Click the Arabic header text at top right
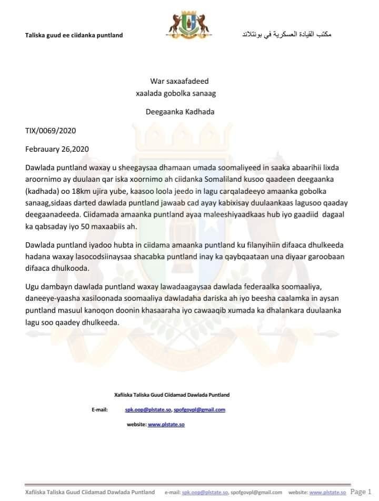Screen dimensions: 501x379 click(286, 34)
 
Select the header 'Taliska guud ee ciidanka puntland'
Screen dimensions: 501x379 click(74, 35)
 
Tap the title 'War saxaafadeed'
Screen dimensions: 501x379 click(179, 81)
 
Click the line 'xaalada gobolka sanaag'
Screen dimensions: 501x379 click(176, 93)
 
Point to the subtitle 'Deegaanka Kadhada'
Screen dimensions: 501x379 click(179, 112)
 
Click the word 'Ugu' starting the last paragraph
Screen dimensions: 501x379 click(32, 287)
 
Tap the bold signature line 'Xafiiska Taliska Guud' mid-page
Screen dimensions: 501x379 click(172, 395)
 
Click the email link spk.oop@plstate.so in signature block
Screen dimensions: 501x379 click(148, 409)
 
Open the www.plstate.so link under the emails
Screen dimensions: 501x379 click(166, 424)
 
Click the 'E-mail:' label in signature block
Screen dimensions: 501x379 click(99, 409)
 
